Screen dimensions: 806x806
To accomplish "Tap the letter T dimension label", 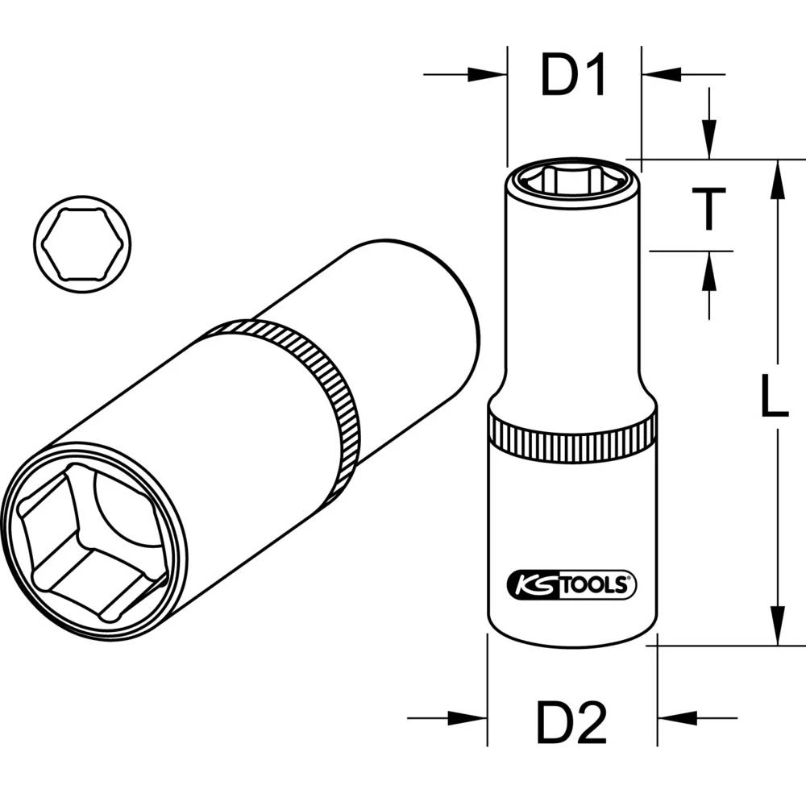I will [709, 209].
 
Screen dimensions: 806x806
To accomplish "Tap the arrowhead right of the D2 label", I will [674, 717].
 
